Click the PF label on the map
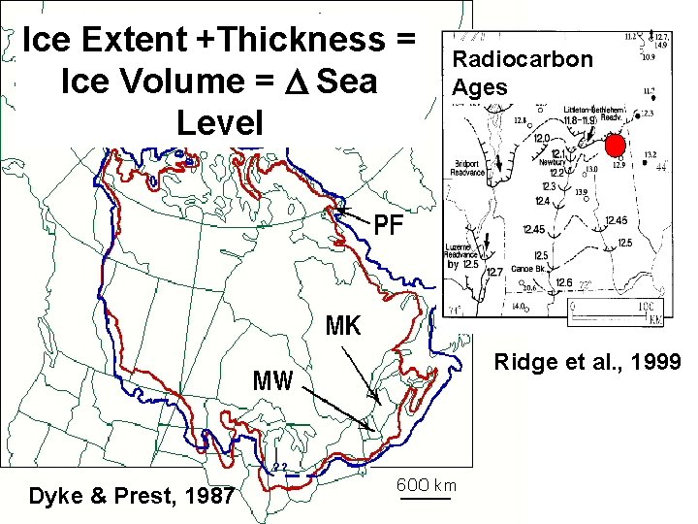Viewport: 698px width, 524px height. pos(389,226)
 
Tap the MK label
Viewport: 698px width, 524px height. pos(343,326)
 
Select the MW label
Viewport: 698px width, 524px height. pos(272,379)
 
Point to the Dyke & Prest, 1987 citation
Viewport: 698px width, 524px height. pos(131,496)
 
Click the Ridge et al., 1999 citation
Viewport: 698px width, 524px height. pos(587,362)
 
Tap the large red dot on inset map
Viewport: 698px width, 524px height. pos(615,146)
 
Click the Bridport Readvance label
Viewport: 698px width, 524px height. pos(468,167)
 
